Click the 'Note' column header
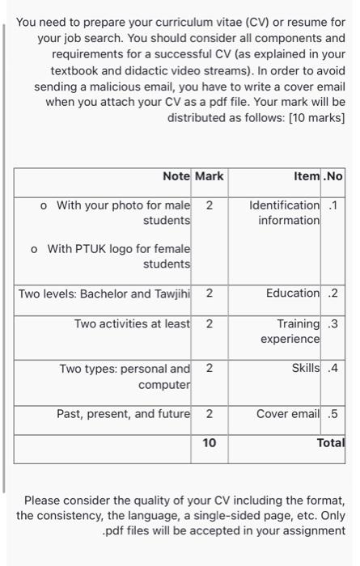(x=176, y=175)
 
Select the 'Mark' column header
(x=210, y=175)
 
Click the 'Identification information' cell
(x=285, y=213)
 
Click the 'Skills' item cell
(x=305, y=369)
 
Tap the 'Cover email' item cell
(x=287, y=414)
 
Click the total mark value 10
(x=210, y=443)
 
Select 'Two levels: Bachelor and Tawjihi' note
(x=104, y=293)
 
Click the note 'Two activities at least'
(x=132, y=323)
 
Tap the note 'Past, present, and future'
(x=123, y=414)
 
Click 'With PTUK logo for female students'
(x=118, y=256)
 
